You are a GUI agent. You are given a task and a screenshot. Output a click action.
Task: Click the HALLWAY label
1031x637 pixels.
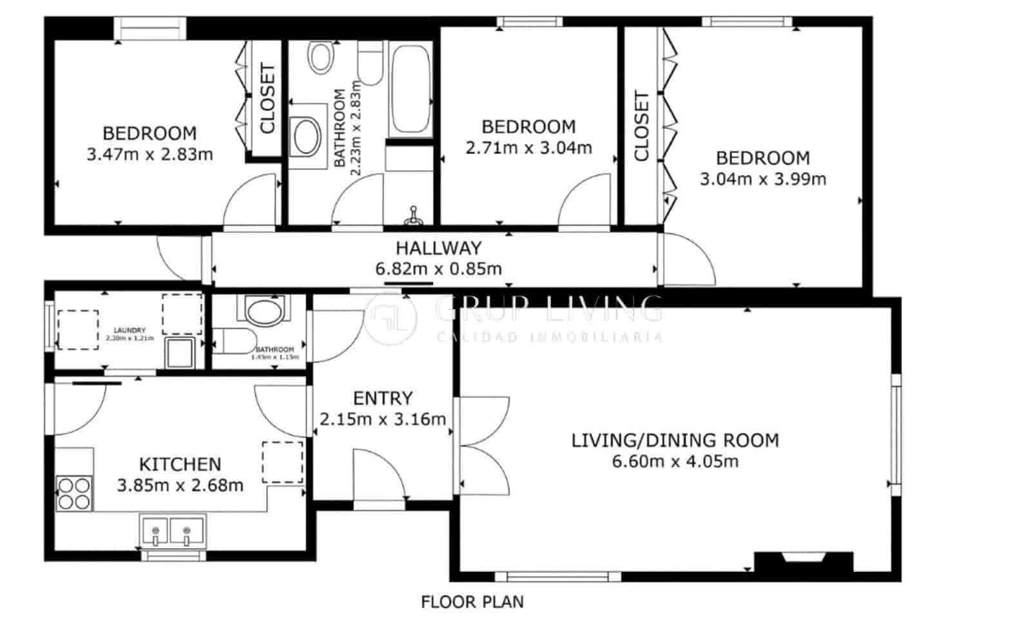(x=438, y=248)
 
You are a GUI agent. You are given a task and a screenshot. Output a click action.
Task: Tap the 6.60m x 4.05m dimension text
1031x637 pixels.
(x=675, y=461)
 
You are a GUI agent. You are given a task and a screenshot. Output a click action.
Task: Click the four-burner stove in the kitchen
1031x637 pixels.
(x=73, y=493)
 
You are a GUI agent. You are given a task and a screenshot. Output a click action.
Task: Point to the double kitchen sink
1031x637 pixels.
(x=172, y=531)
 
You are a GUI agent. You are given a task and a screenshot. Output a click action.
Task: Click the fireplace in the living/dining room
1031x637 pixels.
(x=804, y=562)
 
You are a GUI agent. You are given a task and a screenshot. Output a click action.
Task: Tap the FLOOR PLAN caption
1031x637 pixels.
(x=472, y=602)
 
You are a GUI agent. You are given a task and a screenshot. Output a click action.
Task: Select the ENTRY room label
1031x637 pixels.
(x=383, y=399)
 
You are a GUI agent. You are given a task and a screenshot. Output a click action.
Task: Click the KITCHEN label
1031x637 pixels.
(x=180, y=464)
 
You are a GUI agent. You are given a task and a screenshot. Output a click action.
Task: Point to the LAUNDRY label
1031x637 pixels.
(x=130, y=330)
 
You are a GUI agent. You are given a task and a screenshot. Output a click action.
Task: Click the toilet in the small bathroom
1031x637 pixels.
(x=229, y=339)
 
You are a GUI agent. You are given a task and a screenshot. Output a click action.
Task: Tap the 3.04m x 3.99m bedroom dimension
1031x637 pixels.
(x=763, y=178)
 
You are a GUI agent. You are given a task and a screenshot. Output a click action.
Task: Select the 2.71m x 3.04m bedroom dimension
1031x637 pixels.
(x=528, y=147)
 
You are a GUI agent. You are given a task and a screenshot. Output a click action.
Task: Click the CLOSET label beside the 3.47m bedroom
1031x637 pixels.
(x=267, y=98)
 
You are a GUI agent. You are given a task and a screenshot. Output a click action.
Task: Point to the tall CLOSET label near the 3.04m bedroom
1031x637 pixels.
(x=641, y=126)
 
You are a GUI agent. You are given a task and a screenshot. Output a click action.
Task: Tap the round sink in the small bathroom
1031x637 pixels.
(x=265, y=312)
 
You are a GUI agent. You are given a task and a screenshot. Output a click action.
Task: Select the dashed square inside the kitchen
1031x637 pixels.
(x=282, y=462)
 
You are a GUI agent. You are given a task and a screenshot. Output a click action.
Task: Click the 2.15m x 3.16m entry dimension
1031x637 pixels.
(x=383, y=419)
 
